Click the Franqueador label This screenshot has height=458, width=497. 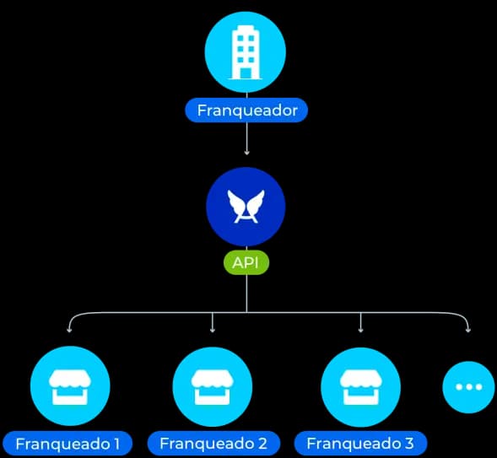click(x=246, y=110)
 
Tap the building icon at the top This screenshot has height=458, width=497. click(x=246, y=51)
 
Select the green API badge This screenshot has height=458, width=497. click(x=246, y=261)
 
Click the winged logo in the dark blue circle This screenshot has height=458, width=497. click(x=246, y=206)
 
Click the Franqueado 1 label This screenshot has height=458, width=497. click(x=68, y=443)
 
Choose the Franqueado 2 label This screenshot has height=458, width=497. click(x=213, y=443)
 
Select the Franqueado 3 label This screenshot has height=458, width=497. click(x=360, y=443)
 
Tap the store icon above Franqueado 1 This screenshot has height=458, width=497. click(x=69, y=387)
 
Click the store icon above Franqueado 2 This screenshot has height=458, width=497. click(x=213, y=387)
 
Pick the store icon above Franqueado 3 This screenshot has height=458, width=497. click(x=360, y=387)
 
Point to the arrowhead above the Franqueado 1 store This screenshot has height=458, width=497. click(x=69, y=330)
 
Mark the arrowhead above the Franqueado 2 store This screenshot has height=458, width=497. click(x=213, y=330)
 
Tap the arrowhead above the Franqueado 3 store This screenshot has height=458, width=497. click(x=360, y=330)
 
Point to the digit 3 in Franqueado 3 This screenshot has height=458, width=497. click(x=410, y=443)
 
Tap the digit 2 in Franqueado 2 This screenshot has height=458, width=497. click(x=262, y=443)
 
